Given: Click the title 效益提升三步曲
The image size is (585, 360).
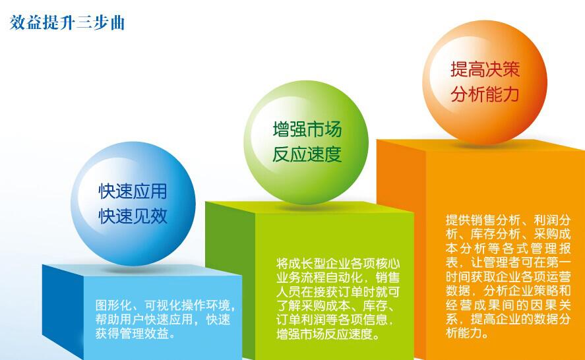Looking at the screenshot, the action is point(67,23).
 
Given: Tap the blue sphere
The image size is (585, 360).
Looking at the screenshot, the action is point(133,204).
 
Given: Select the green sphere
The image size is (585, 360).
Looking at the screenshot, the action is point(306,142).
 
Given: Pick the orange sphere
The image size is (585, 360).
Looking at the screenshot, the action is point(485,82).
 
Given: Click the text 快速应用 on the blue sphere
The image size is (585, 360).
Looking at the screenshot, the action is point(133,191).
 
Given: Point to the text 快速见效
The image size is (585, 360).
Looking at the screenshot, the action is point(133,216).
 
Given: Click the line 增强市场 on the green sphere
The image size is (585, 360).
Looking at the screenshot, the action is point(307,129).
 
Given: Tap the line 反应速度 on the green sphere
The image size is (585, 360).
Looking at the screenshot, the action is point(307,154).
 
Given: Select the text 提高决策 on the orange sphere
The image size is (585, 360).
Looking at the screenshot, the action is point(485,69).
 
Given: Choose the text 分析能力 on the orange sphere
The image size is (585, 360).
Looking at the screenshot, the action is point(485,94).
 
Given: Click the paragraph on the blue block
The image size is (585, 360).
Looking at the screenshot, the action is point(166,319).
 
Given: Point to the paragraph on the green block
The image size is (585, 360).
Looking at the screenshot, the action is point(338,299).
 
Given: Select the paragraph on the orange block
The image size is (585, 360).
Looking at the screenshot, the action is point(508,276).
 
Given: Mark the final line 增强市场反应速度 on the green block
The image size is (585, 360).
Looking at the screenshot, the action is point(325,334).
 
